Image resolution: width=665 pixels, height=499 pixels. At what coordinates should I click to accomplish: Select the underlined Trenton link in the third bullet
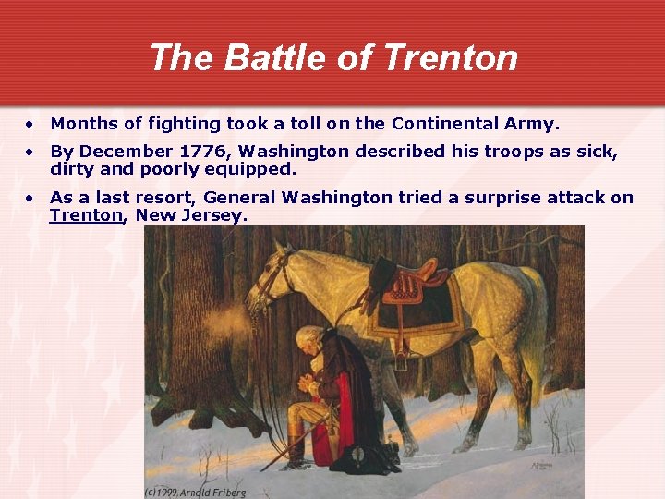click(x=86, y=215)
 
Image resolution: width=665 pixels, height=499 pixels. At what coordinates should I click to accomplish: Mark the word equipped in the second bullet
click(x=253, y=169)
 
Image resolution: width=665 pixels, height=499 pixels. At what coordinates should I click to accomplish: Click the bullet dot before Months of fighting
click(x=30, y=123)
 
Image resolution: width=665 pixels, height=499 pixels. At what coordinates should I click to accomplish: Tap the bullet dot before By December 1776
click(x=30, y=151)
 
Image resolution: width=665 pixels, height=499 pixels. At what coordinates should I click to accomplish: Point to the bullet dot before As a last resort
click(x=30, y=197)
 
